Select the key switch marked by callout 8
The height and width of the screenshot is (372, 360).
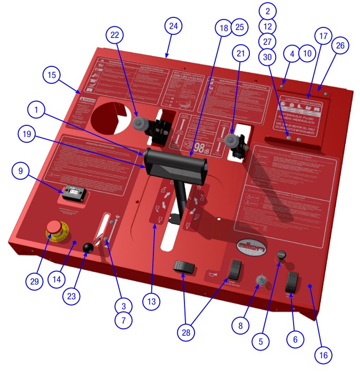click(x=259, y=279)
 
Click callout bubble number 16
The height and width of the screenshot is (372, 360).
click(x=324, y=355)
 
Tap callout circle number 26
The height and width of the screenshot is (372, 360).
click(x=340, y=46)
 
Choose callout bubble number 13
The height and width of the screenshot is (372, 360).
click(x=152, y=302)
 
